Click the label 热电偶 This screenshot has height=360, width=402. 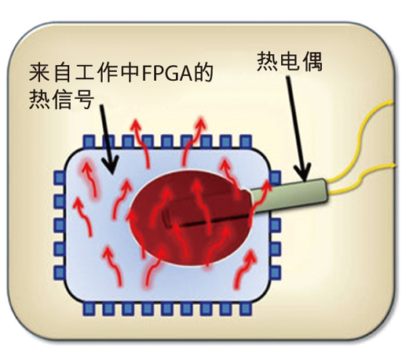[290, 61]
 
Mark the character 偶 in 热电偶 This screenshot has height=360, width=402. [312, 61]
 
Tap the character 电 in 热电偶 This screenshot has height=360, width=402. [290, 61]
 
